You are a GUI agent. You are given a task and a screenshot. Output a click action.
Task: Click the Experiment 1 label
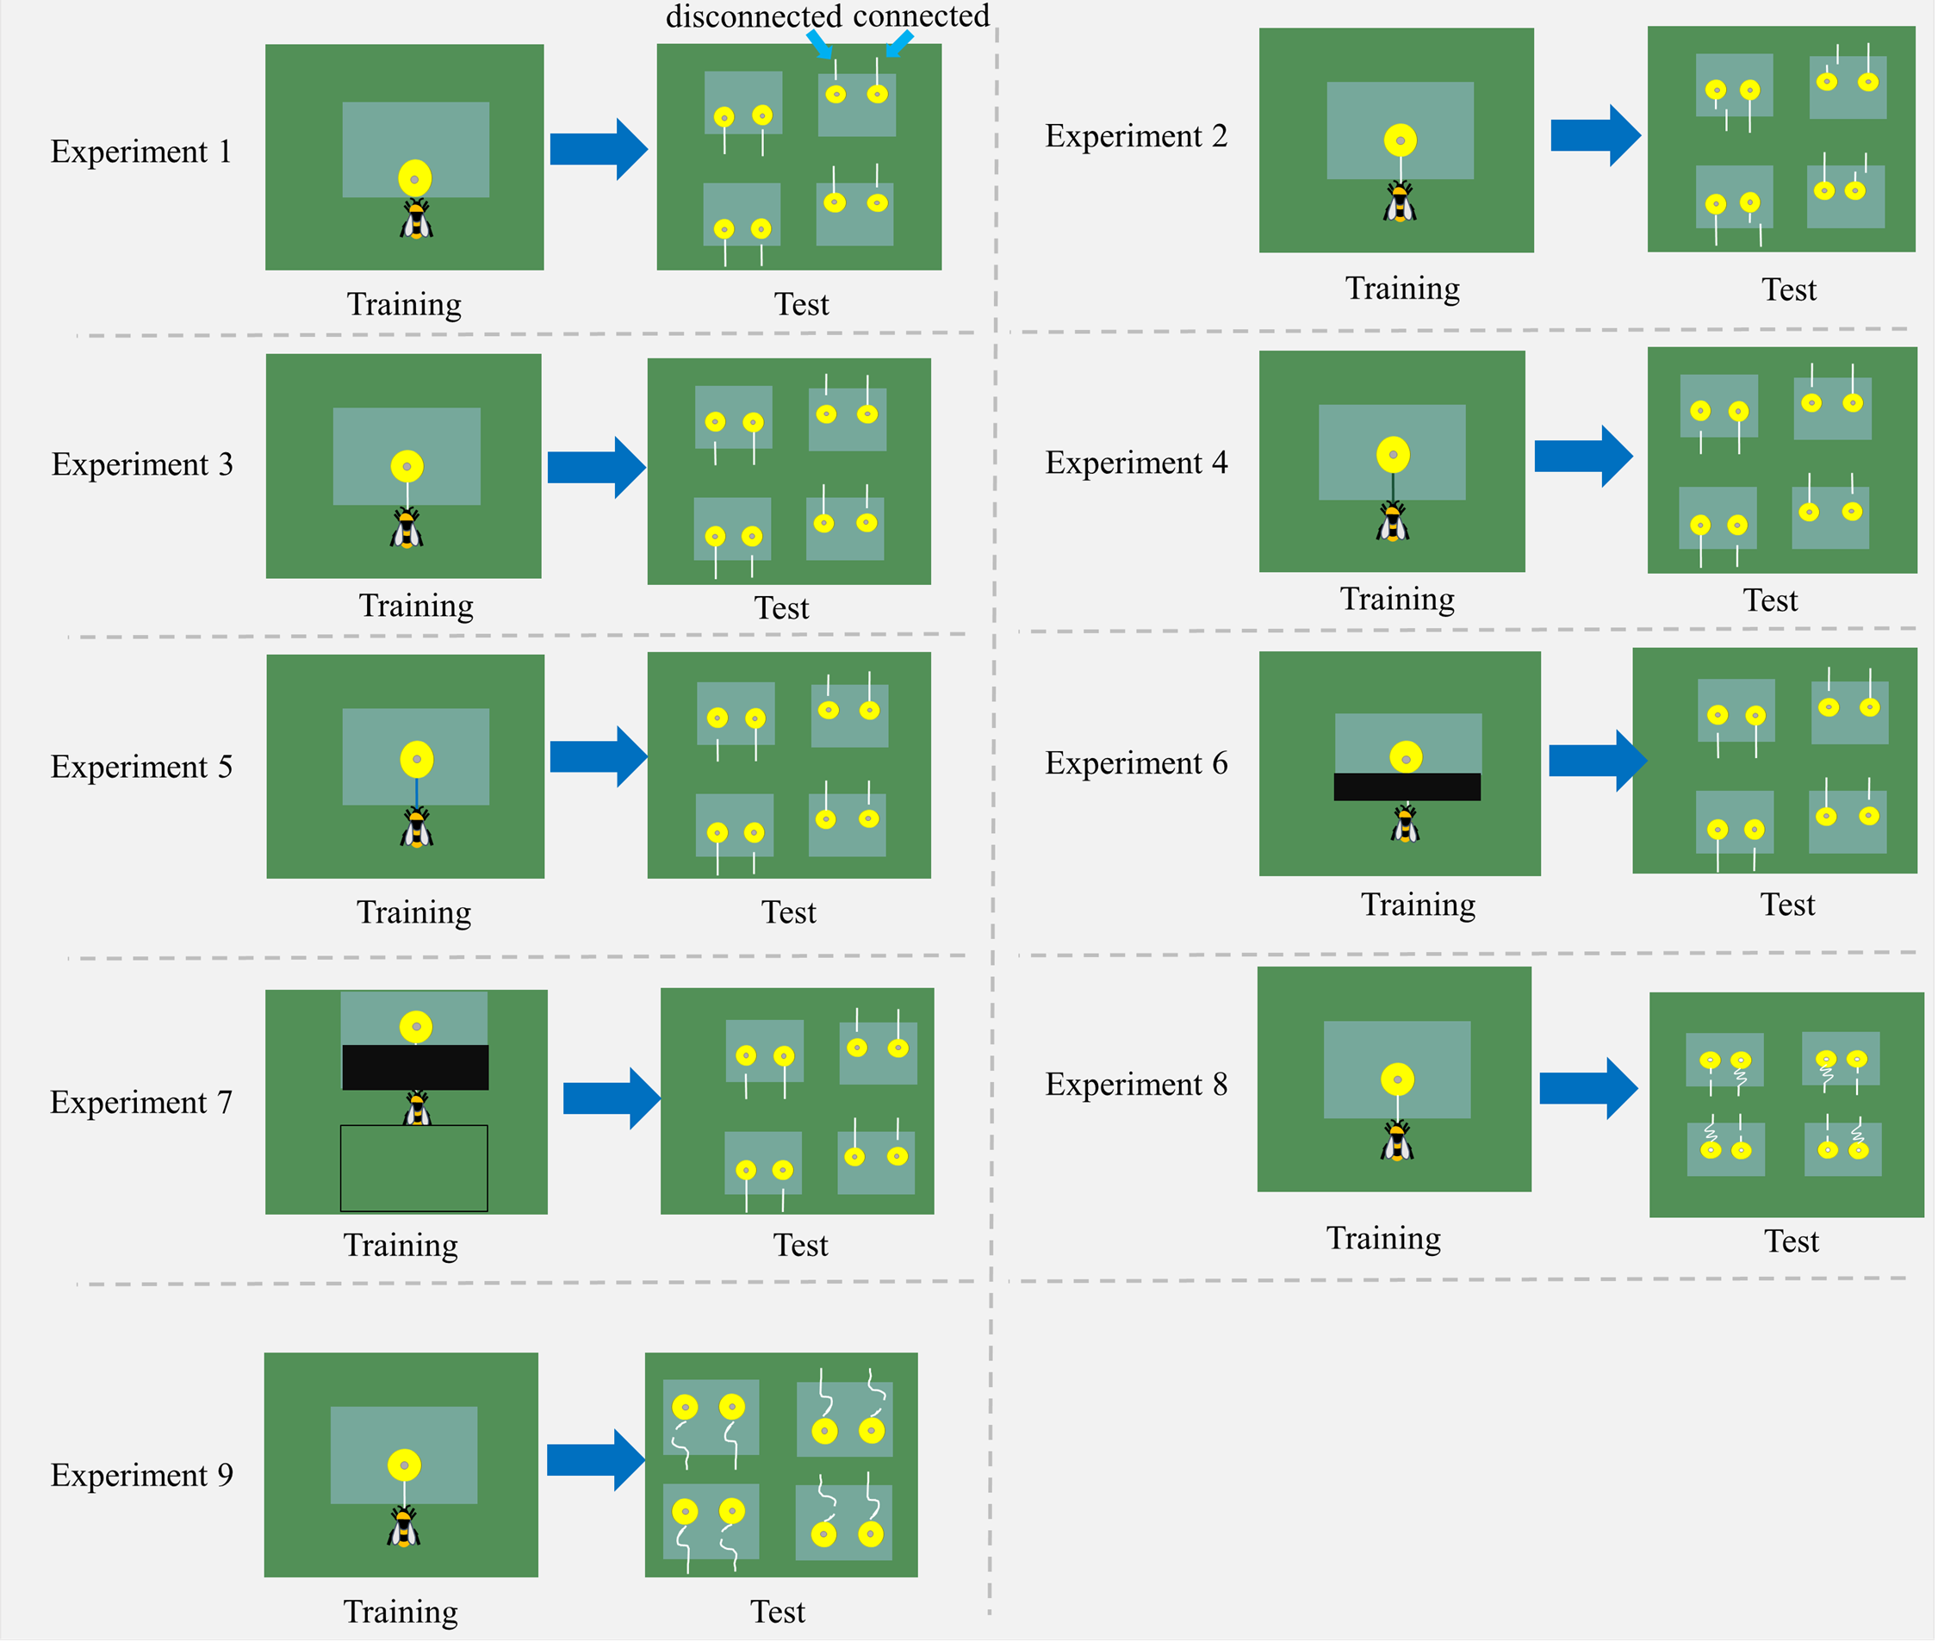pos(140,152)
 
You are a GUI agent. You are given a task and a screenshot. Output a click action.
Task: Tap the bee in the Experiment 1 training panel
pos(416,220)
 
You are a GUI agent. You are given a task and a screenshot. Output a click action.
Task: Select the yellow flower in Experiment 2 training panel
pos(1400,140)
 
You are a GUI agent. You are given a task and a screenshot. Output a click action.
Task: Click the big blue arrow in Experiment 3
pos(597,466)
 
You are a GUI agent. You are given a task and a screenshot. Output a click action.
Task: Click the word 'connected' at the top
pos(921,16)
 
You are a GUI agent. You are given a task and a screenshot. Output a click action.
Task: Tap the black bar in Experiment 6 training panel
pos(1407,787)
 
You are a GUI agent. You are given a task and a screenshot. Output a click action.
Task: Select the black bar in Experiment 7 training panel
pos(415,1067)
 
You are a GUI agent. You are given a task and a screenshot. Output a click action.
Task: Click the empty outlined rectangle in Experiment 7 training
pos(414,1168)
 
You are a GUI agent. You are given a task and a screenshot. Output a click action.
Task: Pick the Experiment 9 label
pos(141,1476)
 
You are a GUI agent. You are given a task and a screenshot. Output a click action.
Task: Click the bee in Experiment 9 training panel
pos(404,1527)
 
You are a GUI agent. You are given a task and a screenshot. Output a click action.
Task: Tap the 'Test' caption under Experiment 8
pos(1791,1241)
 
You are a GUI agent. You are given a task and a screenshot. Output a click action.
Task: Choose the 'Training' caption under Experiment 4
pos(1397,600)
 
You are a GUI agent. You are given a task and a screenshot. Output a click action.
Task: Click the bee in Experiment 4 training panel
pos(1393,521)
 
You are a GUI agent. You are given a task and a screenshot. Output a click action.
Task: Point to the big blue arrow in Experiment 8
pos(1588,1087)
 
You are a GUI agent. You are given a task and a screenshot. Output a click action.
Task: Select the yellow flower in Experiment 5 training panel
pos(416,760)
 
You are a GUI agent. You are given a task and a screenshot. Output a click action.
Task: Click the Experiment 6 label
pos(1135,763)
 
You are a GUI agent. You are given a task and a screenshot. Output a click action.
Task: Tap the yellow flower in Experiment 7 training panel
pos(415,1027)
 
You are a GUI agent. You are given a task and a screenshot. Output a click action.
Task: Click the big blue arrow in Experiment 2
pos(1594,136)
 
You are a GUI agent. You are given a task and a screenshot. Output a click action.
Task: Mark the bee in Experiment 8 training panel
pos(1396,1141)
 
